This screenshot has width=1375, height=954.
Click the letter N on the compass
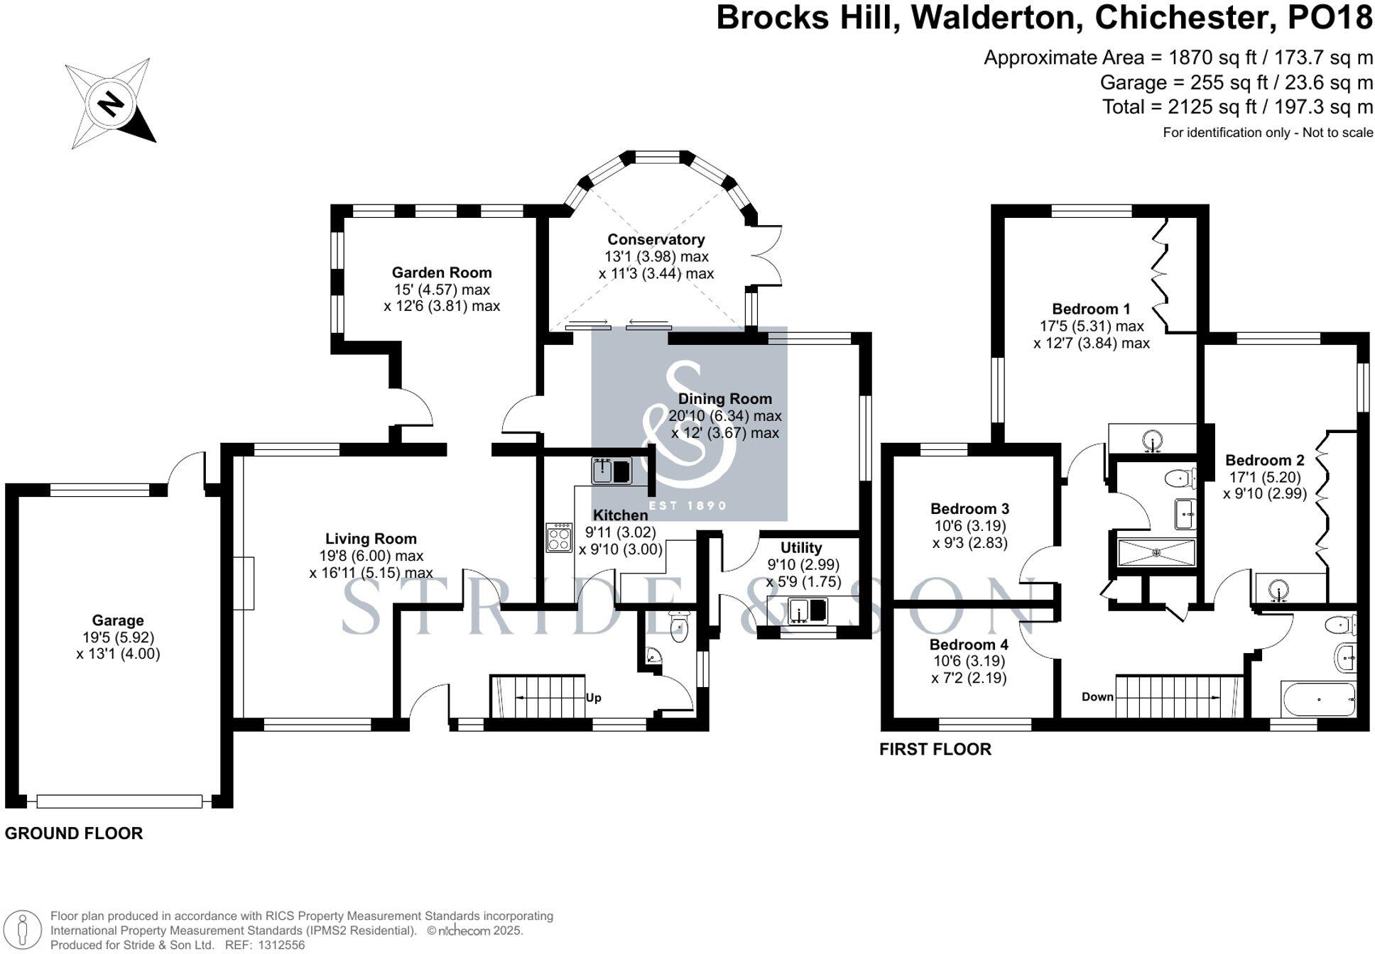point(110,104)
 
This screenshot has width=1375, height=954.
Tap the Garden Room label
point(442,273)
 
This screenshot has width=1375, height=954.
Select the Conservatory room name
point(656,240)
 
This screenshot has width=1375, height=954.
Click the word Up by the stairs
point(593,698)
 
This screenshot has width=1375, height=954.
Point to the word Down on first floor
point(1097,697)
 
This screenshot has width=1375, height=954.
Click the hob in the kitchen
point(559,537)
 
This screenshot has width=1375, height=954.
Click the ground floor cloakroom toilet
point(679,627)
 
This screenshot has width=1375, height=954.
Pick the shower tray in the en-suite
point(1156,553)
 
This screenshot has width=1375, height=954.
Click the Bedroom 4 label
point(969,645)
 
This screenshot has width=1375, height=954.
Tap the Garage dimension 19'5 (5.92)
point(118,637)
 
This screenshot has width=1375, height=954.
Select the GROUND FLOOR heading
point(74,833)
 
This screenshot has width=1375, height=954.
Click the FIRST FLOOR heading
point(935,750)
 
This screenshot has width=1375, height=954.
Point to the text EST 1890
point(689,505)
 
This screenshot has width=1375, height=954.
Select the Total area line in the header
point(1237,107)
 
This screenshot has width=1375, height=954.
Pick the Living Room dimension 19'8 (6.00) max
point(371,556)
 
